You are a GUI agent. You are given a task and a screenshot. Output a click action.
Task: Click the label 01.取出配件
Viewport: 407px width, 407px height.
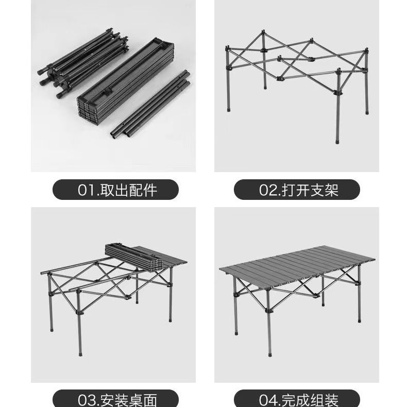(116, 190)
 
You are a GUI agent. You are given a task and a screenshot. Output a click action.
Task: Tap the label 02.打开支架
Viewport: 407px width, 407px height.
(297, 190)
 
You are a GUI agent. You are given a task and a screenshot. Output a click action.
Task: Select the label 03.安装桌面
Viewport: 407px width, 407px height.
(116, 399)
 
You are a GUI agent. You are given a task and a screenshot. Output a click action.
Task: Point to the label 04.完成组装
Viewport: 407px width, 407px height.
(297, 399)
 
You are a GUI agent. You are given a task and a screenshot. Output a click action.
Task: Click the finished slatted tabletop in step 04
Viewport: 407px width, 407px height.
(296, 263)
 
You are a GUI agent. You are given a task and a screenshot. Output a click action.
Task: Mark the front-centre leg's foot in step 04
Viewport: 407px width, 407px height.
(269, 354)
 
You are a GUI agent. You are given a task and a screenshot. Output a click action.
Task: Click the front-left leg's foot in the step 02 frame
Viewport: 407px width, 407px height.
(228, 109)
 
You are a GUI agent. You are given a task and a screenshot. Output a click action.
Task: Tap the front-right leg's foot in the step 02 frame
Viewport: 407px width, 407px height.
(337, 141)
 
